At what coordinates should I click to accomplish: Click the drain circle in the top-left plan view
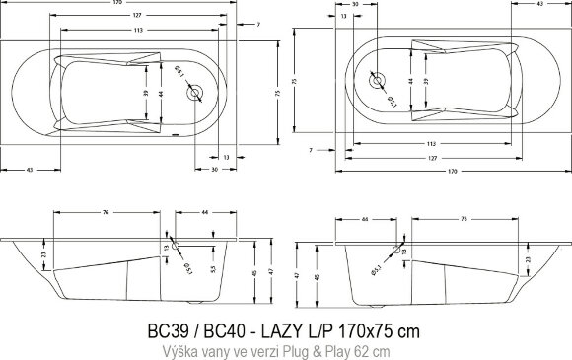point(196,94)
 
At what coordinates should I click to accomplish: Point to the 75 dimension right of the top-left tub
point(278,94)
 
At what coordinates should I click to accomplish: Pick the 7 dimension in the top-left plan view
point(258,22)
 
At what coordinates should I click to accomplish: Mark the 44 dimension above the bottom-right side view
point(365,217)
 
